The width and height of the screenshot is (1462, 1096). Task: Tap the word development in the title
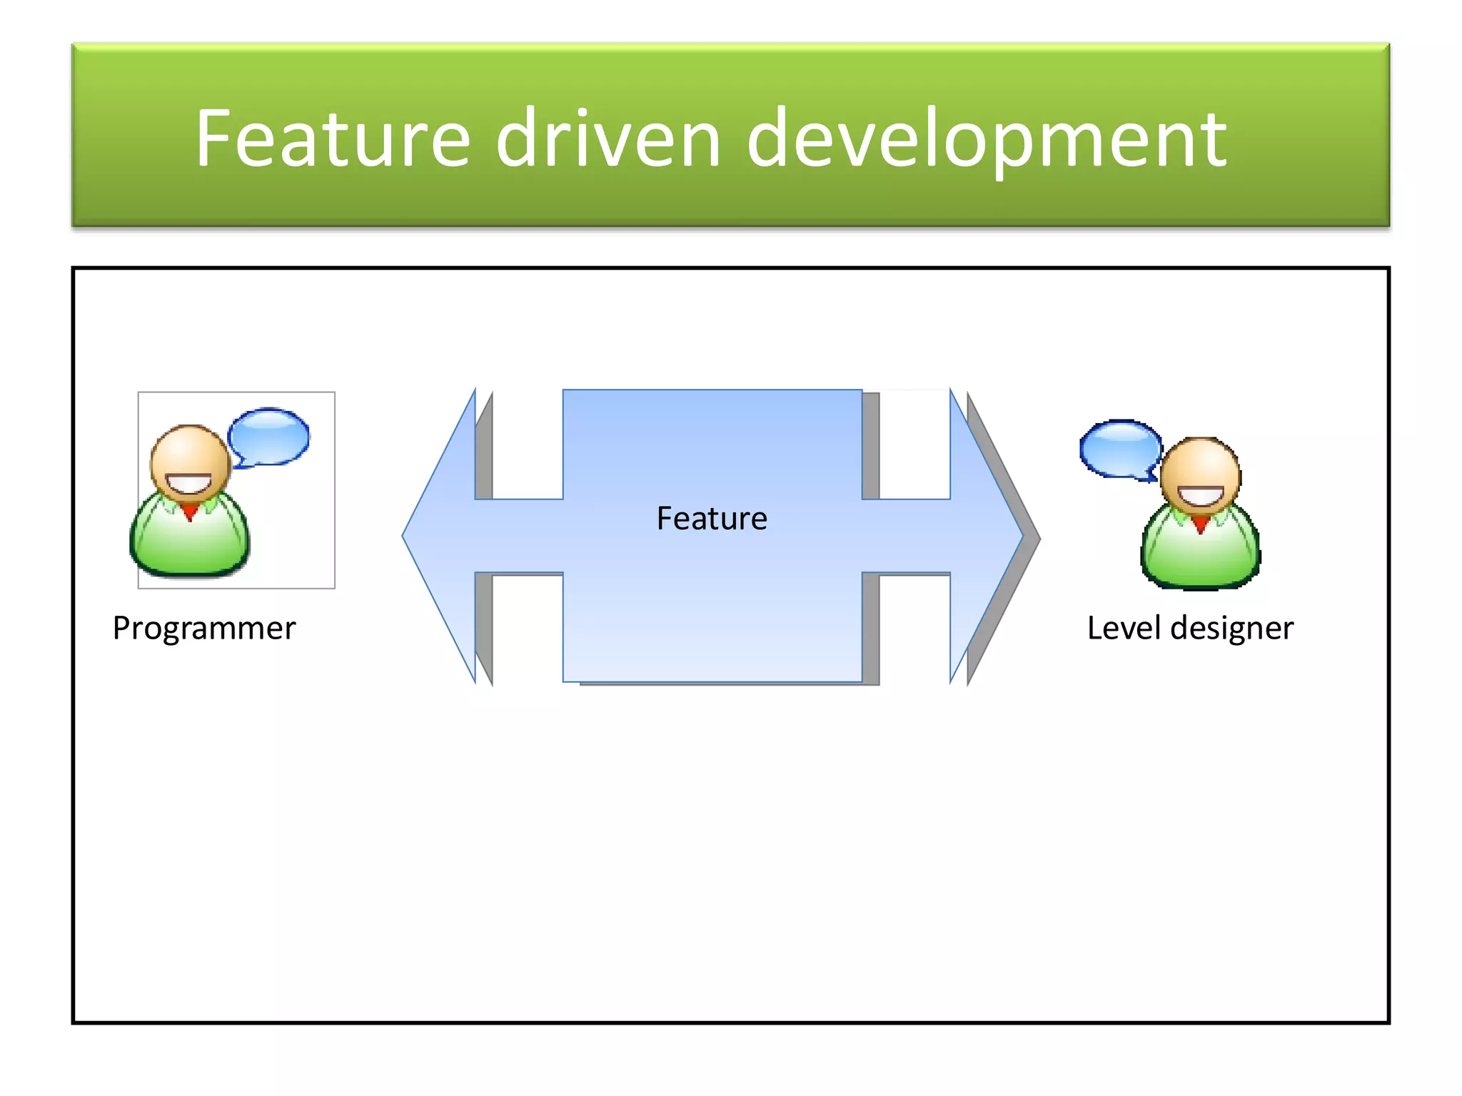pos(987,139)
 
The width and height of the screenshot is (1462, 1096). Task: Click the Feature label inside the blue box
pos(712,518)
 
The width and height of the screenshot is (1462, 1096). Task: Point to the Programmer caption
pos(204,628)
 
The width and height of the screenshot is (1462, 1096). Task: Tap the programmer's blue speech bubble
pos(269,436)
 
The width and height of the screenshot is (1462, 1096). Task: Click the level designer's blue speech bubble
pos(1119,448)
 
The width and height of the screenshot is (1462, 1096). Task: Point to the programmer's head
pos(189,457)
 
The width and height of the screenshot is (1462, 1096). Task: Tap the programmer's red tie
pos(190,512)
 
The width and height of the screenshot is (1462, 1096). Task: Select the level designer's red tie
pos(1201,524)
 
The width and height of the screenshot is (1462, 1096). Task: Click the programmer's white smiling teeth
pos(189,484)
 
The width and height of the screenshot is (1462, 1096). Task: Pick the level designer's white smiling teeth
pos(1201,496)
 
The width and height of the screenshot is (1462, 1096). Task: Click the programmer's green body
pos(190,546)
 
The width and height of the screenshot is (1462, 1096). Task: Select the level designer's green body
pos(1201,557)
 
